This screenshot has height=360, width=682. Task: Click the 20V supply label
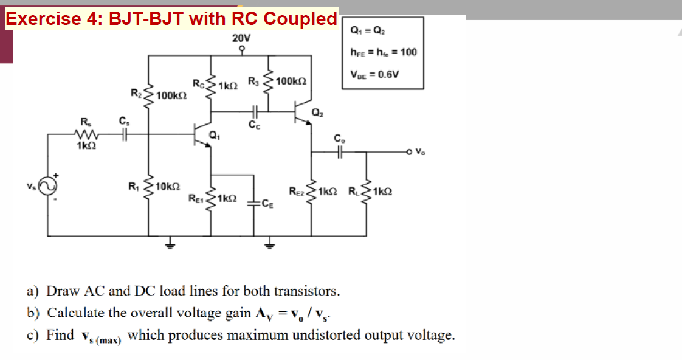[x=241, y=38]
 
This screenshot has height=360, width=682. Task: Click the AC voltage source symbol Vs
[x=47, y=184]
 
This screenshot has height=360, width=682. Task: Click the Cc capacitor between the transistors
[x=254, y=112]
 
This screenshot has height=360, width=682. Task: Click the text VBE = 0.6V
[x=374, y=75]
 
